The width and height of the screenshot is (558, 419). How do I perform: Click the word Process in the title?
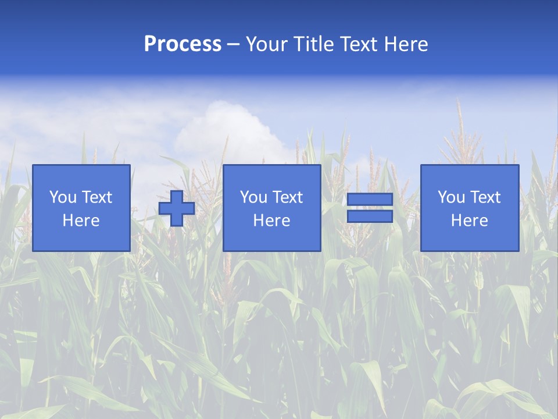183,44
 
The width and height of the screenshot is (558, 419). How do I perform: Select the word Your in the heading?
267,44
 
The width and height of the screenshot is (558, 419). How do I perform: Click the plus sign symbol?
177,208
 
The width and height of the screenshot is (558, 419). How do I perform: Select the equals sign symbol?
370,208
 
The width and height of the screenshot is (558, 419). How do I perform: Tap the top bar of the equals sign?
370,200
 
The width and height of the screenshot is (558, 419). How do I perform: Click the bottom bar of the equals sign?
370,216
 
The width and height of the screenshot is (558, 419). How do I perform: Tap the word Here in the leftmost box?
81,221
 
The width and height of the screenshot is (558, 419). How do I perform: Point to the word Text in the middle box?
288,197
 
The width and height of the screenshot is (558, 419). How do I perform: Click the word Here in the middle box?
271,221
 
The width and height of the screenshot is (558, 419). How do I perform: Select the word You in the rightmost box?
451,197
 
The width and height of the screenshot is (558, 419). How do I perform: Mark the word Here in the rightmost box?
469,221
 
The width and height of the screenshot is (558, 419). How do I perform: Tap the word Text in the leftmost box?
97,197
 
